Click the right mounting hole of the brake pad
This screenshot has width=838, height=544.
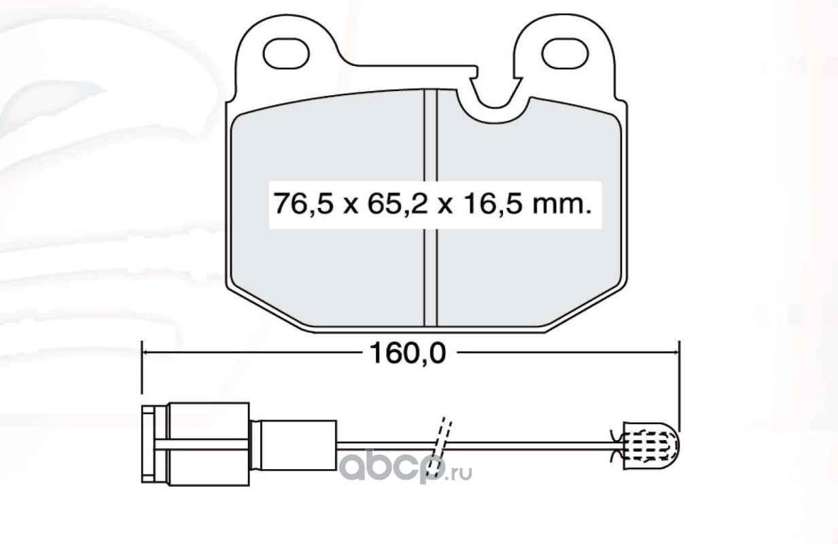point(565,54)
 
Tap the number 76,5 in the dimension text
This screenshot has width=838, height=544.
point(303,205)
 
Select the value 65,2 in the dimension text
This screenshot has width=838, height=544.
point(398,205)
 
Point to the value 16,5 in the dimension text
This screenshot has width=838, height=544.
point(492,205)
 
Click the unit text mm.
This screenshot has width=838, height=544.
point(563,207)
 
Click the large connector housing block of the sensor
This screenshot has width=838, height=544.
point(209,444)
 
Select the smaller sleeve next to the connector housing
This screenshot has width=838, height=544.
point(294,445)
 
